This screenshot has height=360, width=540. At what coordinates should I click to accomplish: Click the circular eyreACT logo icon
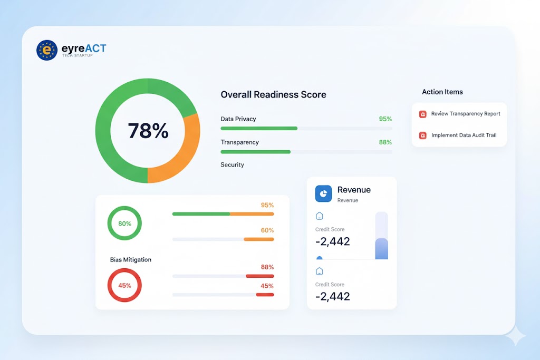[47, 50]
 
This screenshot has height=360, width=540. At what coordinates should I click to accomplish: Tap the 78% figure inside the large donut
[148, 131]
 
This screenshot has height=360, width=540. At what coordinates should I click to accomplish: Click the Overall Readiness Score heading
[273, 95]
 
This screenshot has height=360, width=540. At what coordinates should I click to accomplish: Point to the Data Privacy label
[238, 119]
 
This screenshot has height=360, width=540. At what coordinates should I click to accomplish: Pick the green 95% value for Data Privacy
[385, 119]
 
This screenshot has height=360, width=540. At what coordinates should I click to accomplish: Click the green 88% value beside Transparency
[385, 142]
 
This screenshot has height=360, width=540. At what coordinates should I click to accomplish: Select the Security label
[232, 165]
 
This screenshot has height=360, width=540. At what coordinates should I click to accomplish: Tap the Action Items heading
[442, 92]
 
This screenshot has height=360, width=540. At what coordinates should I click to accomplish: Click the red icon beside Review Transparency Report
[422, 114]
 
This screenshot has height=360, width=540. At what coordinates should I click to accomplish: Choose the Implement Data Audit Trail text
[464, 135]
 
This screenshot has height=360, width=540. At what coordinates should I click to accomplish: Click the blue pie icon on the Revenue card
[323, 193]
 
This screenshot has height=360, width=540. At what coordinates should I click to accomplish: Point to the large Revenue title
[354, 190]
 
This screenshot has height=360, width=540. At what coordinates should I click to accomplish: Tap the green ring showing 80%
[124, 223]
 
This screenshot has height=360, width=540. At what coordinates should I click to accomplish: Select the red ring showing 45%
[124, 286]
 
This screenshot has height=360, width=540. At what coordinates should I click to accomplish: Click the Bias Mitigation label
[131, 260]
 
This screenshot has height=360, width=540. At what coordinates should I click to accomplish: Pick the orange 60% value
[267, 230]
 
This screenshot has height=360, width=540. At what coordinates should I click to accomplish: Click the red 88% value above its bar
[267, 267]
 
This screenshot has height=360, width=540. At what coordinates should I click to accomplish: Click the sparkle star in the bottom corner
[515, 335]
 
